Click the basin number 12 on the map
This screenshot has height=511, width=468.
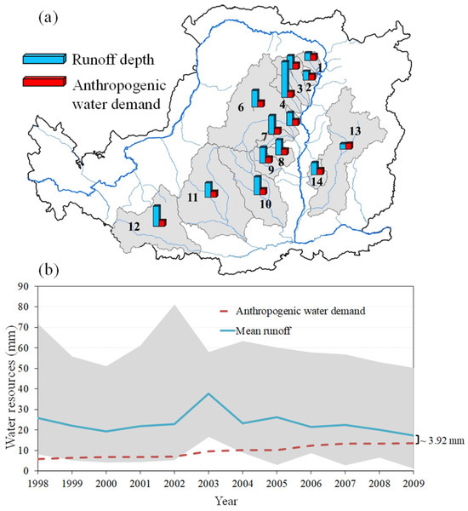coord(134,227)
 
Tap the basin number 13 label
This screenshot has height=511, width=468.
coord(355,131)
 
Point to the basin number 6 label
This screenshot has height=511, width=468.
coord(241,107)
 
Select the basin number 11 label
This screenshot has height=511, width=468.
coord(192,198)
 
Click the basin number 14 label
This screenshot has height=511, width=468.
coord(317,181)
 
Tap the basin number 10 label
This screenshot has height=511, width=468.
coord(265,204)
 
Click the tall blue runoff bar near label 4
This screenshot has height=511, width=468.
coord(285,79)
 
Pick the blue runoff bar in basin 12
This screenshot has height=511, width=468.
coord(157,215)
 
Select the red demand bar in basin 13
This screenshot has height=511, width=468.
coord(349,146)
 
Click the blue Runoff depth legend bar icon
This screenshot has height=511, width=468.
coord(44,59)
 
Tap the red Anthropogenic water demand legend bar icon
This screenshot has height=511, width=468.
coord(44,82)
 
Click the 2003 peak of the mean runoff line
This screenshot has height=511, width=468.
coord(208,393)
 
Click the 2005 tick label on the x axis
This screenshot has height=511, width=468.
coord(277,483)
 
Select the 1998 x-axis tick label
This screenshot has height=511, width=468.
coord(38,483)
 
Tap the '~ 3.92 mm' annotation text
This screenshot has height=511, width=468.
coord(442,441)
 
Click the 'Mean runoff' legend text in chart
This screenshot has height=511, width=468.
coord(263,331)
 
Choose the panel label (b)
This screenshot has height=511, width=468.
coord(49,270)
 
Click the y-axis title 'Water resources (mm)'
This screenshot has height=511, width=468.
coord(11,387)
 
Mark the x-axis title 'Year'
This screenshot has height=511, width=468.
coord(226,501)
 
